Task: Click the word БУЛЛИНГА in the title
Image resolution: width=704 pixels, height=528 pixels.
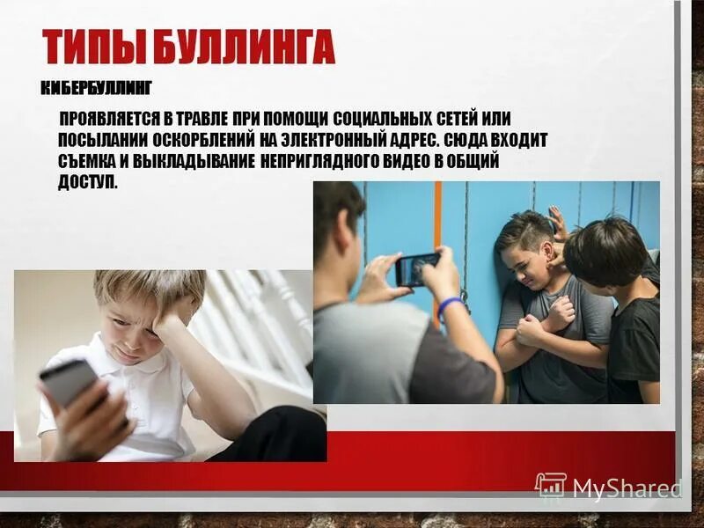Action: click(x=246, y=47)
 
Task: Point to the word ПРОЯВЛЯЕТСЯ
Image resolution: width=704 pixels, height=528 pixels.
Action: click(x=109, y=118)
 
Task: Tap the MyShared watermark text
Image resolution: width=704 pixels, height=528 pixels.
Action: click(x=627, y=487)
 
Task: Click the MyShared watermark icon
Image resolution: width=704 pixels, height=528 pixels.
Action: click(x=551, y=486)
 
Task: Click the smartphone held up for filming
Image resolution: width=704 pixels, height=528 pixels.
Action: click(x=416, y=268)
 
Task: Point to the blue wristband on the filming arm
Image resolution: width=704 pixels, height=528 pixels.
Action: click(x=450, y=305)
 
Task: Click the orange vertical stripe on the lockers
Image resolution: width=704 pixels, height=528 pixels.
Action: click(x=437, y=220)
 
